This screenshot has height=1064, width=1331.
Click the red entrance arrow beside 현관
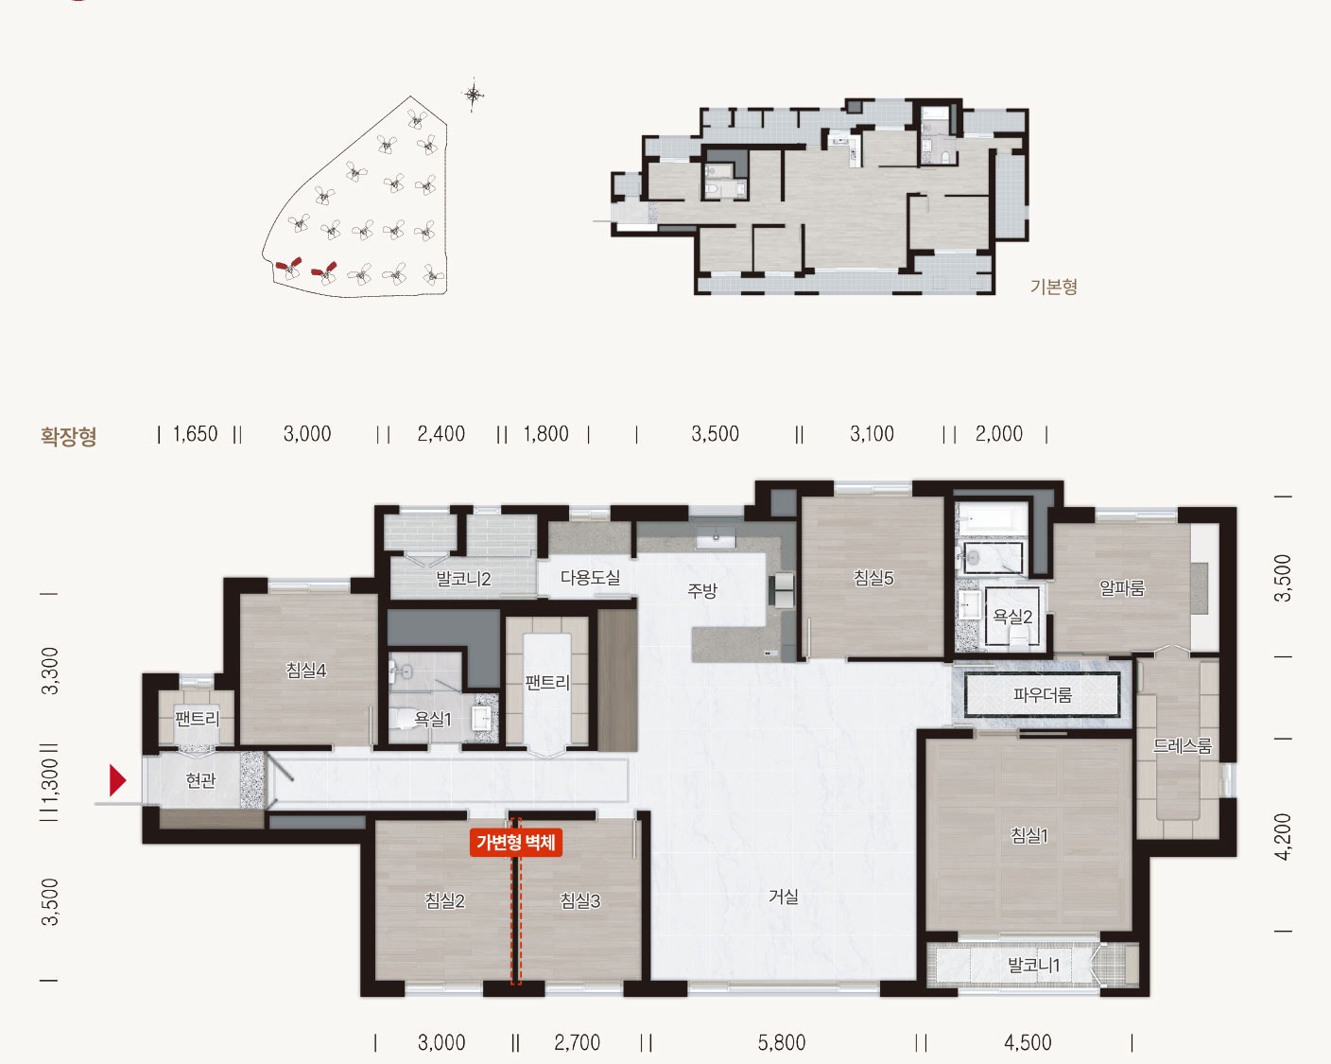pos(117,780)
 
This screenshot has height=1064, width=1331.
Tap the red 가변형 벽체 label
pos(516,843)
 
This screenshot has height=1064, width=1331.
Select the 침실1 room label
pos(1029,836)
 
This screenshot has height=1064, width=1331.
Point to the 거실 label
pos(783,897)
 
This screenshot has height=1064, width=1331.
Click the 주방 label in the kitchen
pos(702,590)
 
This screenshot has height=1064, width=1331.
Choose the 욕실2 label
pos(1012,616)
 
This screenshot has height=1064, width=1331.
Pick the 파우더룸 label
pos(1042,695)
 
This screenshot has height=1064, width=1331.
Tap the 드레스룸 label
pos(1182,746)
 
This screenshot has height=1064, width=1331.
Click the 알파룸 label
pos(1122,587)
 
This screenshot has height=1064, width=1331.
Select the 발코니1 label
pos(1034,965)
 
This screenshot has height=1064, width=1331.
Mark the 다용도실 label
pos(590,578)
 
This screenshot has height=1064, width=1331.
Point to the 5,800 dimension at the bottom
pos(782,1043)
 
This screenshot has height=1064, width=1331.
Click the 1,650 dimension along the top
pos(196,434)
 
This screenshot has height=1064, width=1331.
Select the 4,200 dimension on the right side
pos(1283,837)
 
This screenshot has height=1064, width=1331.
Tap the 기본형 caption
pos(1054,287)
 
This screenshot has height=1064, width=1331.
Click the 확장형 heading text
pos(69,436)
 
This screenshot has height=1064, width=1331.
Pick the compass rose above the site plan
pos(474,95)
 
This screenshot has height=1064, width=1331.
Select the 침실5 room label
pos(873,578)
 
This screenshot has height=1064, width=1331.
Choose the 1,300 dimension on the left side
pos(49,782)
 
